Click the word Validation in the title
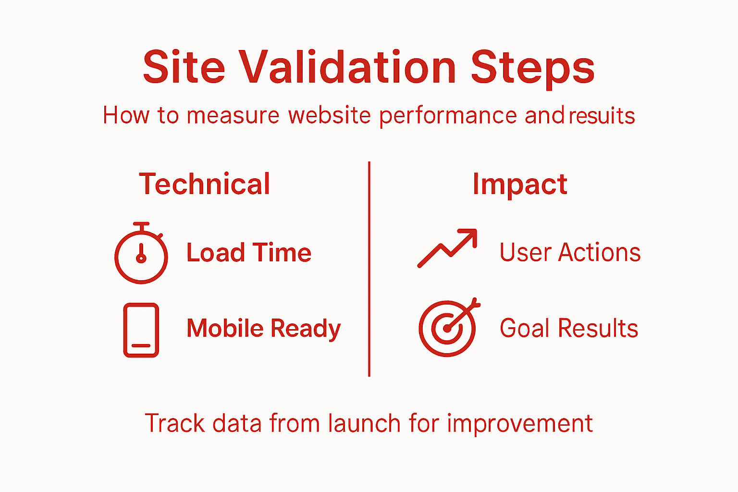(x=347, y=67)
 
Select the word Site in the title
(x=184, y=67)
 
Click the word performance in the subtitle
(x=448, y=116)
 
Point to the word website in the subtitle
(x=329, y=116)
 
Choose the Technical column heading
(x=205, y=184)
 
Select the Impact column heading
(x=520, y=184)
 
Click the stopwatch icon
(x=141, y=254)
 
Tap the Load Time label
(x=249, y=253)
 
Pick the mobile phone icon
(x=141, y=330)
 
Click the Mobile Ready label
(x=263, y=329)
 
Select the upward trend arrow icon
(x=447, y=247)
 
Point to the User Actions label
(x=570, y=253)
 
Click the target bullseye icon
(x=448, y=328)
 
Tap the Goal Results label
(x=569, y=329)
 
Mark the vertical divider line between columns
(x=369, y=269)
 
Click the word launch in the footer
(x=364, y=424)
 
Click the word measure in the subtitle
(x=233, y=116)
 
